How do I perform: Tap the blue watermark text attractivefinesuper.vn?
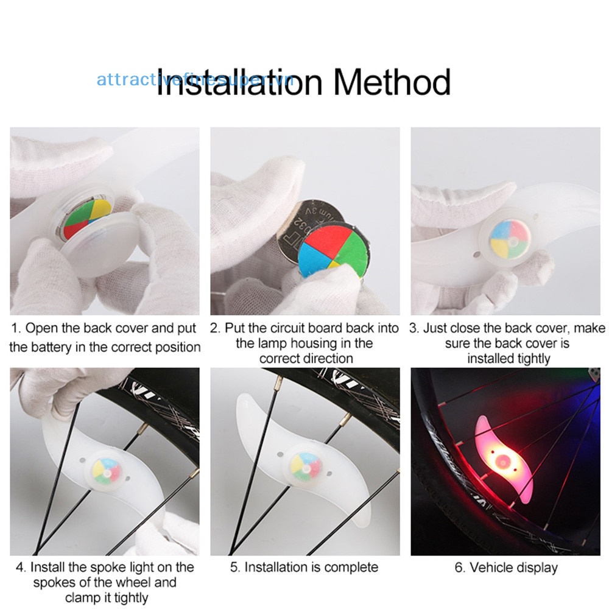point(195,80)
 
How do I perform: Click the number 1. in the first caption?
point(16,329)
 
